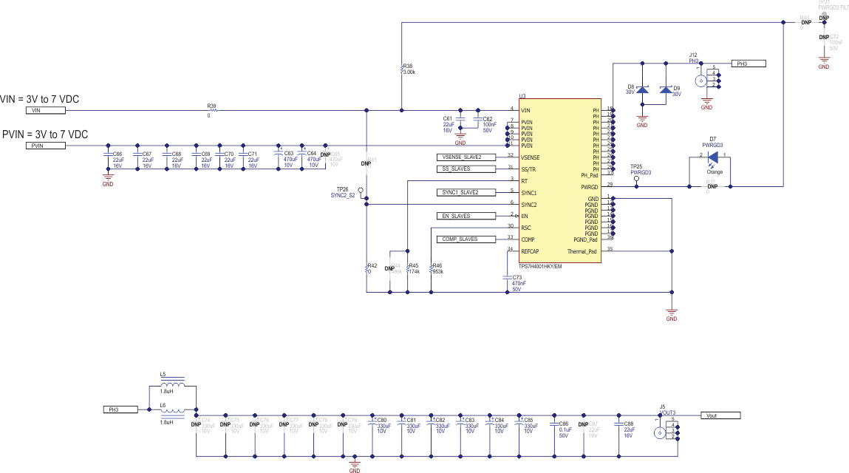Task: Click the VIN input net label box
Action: click(x=46, y=110)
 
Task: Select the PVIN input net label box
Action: click(x=46, y=146)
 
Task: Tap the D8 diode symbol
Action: click(x=642, y=90)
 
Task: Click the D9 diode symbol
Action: click(x=666, y=90)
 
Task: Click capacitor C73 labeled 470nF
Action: click(x=506, y=278)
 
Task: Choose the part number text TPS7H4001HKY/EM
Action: click(x=541, y=266)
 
